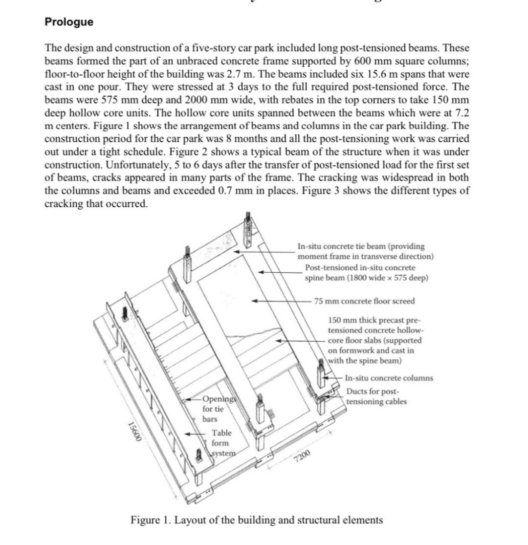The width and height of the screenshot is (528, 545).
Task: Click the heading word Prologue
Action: (x=68, y=22)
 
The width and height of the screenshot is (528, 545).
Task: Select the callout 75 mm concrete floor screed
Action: (x=364, y=301)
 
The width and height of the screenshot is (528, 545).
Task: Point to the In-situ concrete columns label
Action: (x=389, y=378)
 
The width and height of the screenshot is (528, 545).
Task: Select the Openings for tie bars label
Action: (x=219, y=409)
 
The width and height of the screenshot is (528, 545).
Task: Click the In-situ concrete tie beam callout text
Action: (x=365, y=251)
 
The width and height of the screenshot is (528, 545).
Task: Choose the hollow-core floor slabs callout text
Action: (x=374, y=340)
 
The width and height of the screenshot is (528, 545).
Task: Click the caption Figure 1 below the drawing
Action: (x=257, y=520)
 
